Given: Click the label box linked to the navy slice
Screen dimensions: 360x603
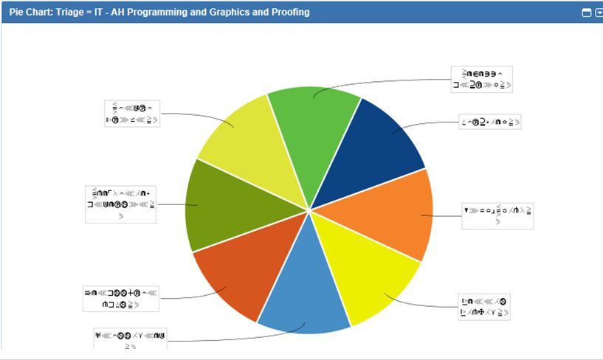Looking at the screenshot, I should pos(489,121).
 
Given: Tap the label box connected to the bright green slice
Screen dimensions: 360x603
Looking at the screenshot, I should pos(481,79).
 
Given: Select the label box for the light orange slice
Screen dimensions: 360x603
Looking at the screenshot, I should pos(497,215).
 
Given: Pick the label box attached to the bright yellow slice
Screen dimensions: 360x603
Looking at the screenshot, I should pos(483,307).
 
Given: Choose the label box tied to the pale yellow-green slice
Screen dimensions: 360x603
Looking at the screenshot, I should pos(131,114).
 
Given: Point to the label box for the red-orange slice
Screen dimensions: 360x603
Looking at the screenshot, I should pos(120,299).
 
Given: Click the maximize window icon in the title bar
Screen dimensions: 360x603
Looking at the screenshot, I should pos(587,13).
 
